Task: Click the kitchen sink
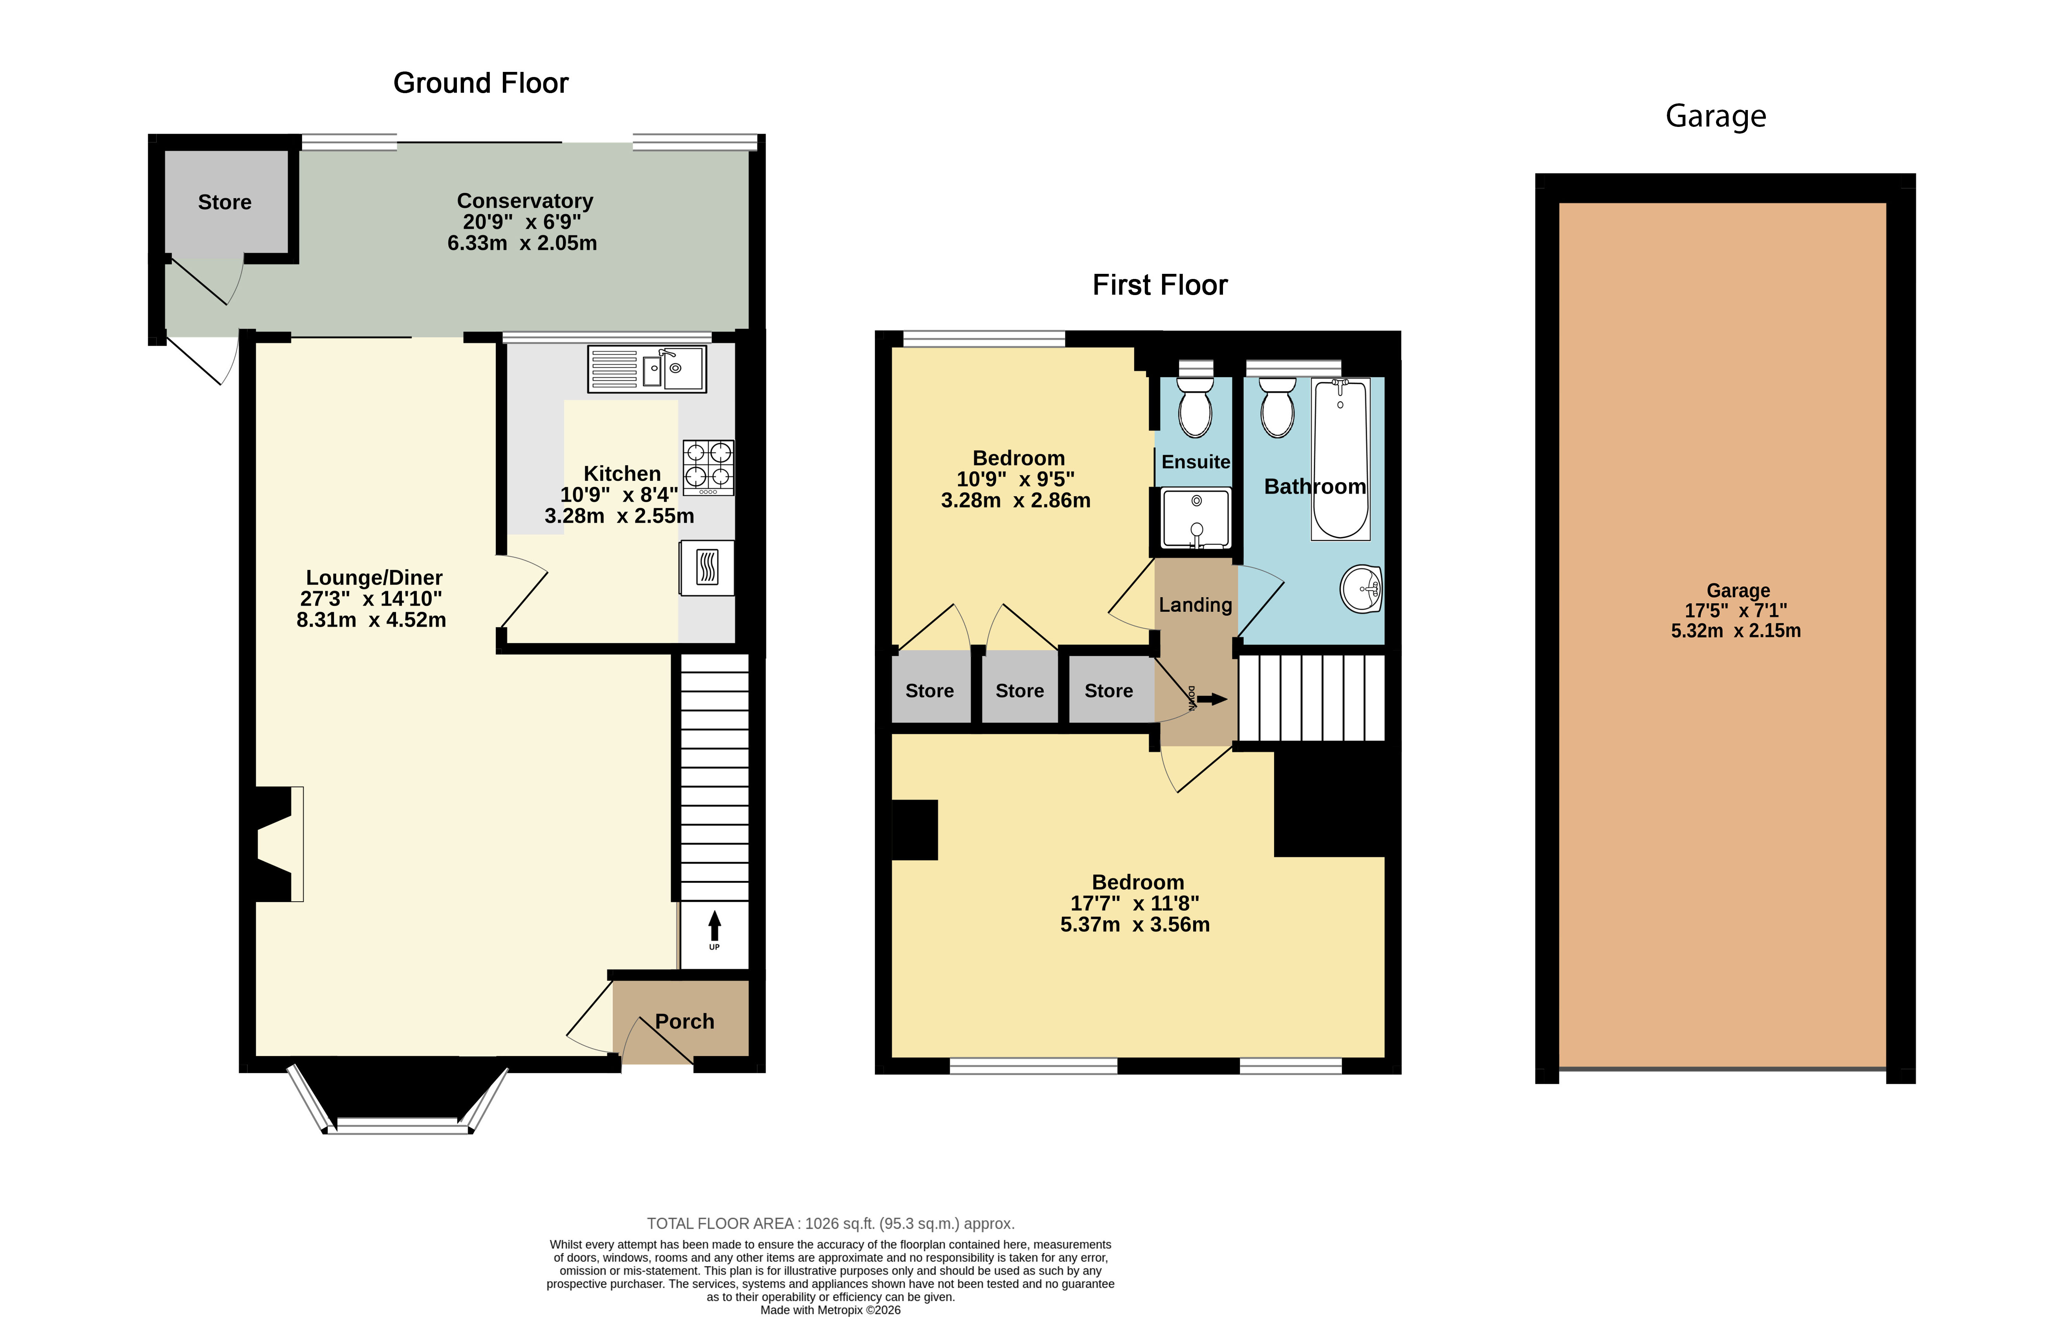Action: [646, 369]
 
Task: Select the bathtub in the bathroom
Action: [1340, 459]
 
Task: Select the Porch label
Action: [684, 1021]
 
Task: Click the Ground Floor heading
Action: [480, 83]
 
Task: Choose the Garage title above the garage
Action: [1715, 116]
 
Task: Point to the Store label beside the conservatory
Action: [225, 202]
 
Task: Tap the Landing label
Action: [1195, 605]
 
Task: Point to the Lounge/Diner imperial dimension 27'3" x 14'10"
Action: [371, 599]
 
